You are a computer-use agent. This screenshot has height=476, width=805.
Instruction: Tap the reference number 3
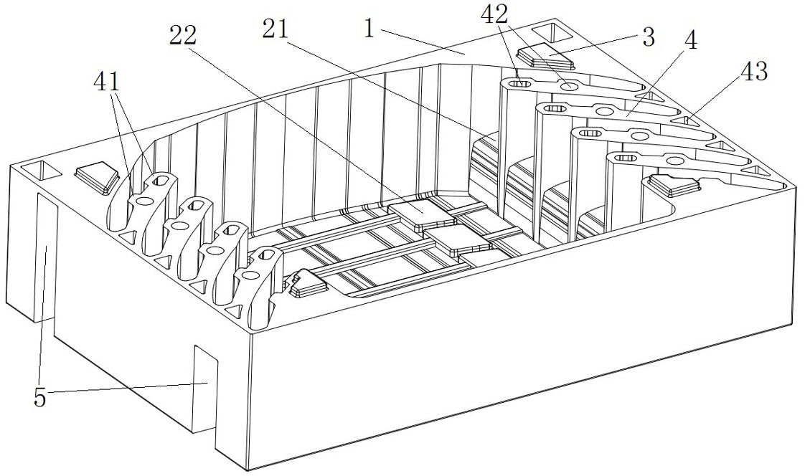tap(648, 38)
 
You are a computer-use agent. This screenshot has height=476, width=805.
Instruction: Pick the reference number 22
tap(184, 36)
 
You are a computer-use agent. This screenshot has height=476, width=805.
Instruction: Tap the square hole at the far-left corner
tap(39, 170)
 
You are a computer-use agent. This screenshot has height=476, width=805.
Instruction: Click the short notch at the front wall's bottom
tap(204, 387)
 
